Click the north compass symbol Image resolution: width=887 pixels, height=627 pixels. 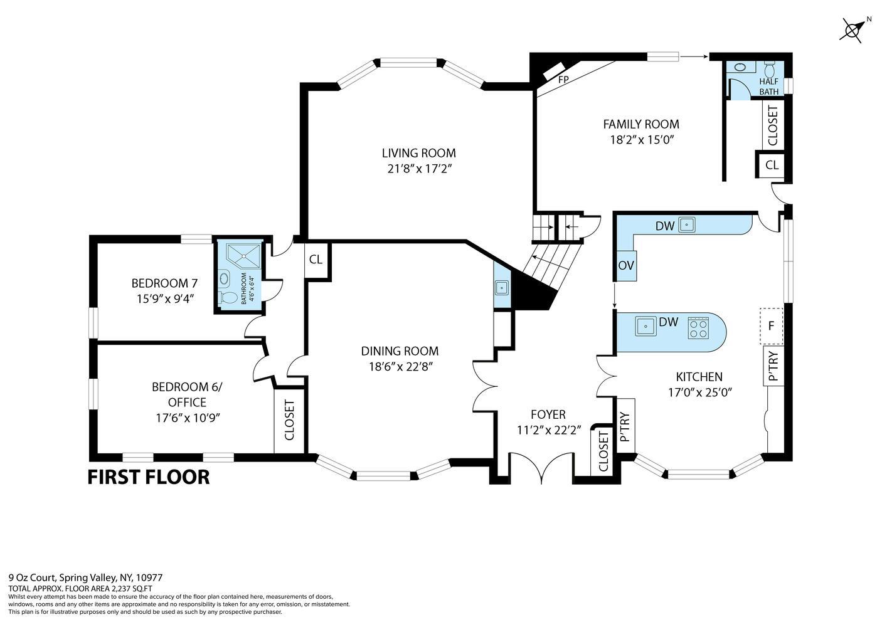(x=854, y=29)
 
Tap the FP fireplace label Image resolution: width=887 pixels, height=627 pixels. (x=563, y=80)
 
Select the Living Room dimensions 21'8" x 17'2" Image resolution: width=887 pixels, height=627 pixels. (x=418, y=169)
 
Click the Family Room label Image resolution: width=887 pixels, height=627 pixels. (x=640, y=124)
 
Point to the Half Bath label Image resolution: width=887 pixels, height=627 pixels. (x=768, y=87)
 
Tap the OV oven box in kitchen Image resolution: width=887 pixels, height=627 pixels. (x=625, y=265)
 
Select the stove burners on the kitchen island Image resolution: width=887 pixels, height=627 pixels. (x=698, y=328)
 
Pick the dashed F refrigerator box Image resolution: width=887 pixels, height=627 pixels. (x=772, y=326)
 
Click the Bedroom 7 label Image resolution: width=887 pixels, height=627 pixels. (x=159, y=283)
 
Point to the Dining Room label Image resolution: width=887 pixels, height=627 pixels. (x=400, y=351)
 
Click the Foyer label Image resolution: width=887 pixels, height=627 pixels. (x=548, y=414)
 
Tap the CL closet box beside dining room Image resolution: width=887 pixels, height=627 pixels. (x=316, y=259)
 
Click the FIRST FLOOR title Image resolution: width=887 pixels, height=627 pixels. (x=148, y=477)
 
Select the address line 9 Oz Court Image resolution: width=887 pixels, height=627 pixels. (x=85, y=577)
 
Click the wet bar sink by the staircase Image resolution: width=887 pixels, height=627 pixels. (x=502, y=288)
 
